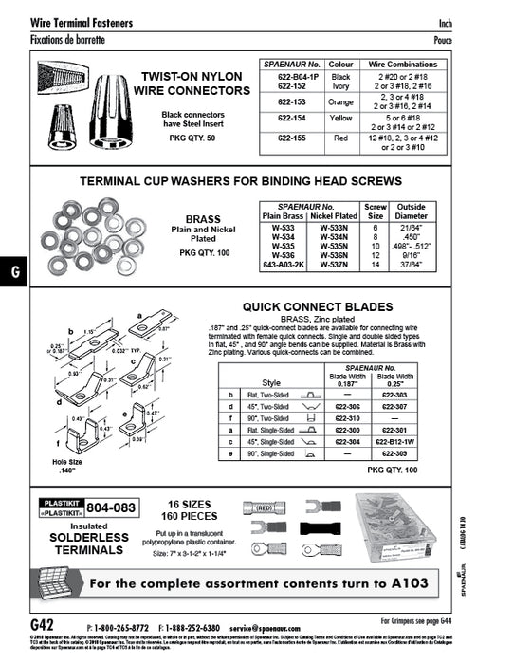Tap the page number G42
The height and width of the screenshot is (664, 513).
point(42,626)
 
